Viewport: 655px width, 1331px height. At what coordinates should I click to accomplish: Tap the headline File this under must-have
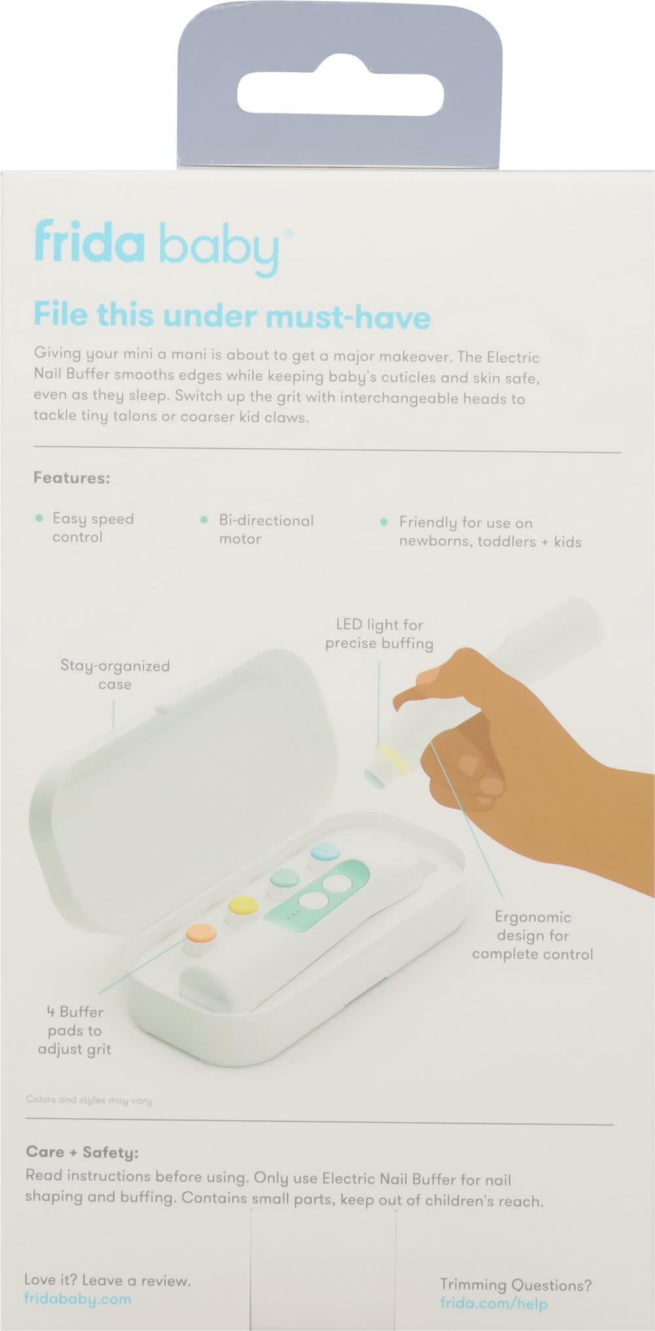tap(232, 316)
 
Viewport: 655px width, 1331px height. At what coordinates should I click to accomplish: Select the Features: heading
tap(71, 478)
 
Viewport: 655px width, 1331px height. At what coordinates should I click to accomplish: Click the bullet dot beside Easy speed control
tap(39, 519)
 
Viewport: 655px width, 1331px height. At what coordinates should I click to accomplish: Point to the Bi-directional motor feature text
tap(266, 530)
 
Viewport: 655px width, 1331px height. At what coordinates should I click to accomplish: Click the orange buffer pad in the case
tap(201, 932)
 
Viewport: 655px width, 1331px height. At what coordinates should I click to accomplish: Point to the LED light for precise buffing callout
tap(379, 634)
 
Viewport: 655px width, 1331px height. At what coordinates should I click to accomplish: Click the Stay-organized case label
tap(115, 675)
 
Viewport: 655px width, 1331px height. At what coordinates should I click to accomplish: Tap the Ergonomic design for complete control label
tap(533, 935)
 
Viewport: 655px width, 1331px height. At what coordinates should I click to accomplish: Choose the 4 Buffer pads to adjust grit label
tap(75, 1030)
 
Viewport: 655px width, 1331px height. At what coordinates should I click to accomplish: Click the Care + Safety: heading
tap(82, 1152)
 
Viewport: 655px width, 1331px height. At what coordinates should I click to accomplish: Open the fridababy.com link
tap(77, 1299)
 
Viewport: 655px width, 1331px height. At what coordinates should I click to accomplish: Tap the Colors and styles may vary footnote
tap(90, 1100)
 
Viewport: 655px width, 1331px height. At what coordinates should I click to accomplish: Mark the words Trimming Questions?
tap(515, 1285)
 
